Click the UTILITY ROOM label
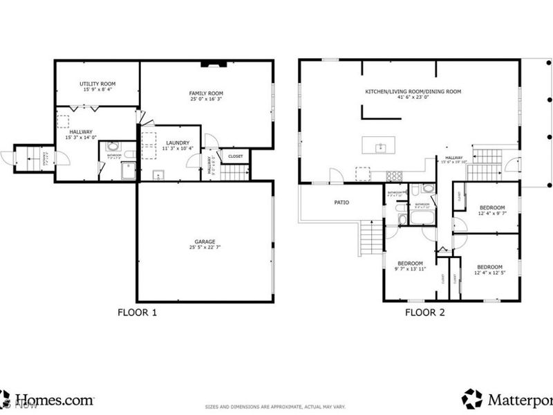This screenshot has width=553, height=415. click(x=97, y=84)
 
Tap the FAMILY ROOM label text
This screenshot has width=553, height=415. click(x=206, y=93)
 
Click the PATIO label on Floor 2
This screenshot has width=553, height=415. click(x=341, y=203)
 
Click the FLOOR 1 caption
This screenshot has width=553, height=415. click(x=137, y=313)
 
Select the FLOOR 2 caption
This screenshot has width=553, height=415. click(x=424, y=313)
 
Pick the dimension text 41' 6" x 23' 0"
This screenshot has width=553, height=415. click(x=413, y=98)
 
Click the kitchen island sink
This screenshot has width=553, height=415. click(x=379, y=147)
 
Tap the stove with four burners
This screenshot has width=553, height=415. click(x=394, y=176)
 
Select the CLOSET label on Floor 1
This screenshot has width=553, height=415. click(x=236, y=156)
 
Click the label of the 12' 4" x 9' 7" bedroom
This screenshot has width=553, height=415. click(x=491, y=207)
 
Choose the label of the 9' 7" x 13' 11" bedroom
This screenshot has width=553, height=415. click(x=410, y=263)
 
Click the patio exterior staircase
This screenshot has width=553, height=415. click(x=372, y=239)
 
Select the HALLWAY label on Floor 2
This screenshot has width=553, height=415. click(x=453, y=158)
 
